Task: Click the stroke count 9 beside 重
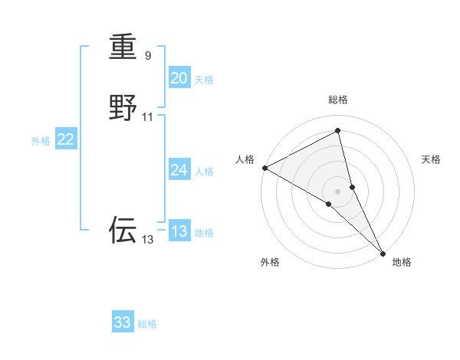(x=148, y=56)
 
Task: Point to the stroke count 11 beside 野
(x=148, y=116)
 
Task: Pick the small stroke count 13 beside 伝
(x=148, y=240)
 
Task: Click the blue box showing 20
(x=179, y=78)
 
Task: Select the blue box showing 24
(x=179, y=170)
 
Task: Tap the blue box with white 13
(x=179, y=231)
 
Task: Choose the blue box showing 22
(x=66, y=139)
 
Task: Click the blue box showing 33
(x=123, y=322)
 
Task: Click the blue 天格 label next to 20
(x=204, y=80)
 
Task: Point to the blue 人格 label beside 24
(x=204, y=172)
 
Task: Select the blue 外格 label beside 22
(x=41, y=141)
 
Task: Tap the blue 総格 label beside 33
(x=147, y=324)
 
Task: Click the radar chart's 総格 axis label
(x=338, y=100)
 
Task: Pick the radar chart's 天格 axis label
(x=432, y=159)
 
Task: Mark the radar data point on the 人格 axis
(x=264, y=167)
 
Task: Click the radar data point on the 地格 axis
(x=383, y=252)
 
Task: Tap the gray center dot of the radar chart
(x=338, y=191)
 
